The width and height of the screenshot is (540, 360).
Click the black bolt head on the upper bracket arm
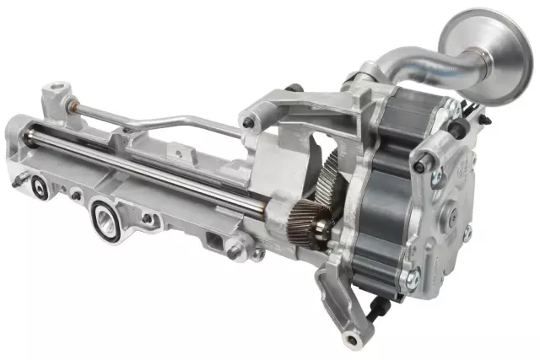247,123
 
